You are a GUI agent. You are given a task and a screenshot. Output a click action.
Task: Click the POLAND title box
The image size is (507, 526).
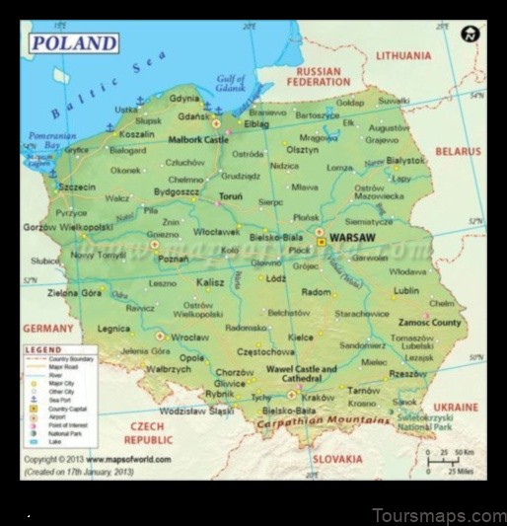click(74, 43)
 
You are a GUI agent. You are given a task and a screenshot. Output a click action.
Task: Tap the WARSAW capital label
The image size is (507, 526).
click(351, 239)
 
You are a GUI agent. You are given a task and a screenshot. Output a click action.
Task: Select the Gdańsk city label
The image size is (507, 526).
click(195, 115)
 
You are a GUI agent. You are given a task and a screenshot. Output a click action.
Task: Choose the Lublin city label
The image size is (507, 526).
click(405, 291)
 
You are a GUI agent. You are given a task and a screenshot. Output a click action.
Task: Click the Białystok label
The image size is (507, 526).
click(405, 159)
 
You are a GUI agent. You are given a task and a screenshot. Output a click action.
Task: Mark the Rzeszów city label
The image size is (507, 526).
click(407, 374)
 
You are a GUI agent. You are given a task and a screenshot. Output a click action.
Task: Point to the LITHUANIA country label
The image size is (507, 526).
click(402, 56)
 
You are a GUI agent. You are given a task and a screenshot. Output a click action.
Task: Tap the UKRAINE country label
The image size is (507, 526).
click(456, 407)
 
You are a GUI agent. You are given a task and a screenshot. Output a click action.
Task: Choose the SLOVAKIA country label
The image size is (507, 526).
click(337, 459)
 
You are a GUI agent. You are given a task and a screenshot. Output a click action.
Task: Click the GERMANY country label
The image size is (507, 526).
click(48, 329)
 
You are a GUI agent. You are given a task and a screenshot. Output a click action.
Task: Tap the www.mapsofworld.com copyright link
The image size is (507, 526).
click(127, 460)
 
